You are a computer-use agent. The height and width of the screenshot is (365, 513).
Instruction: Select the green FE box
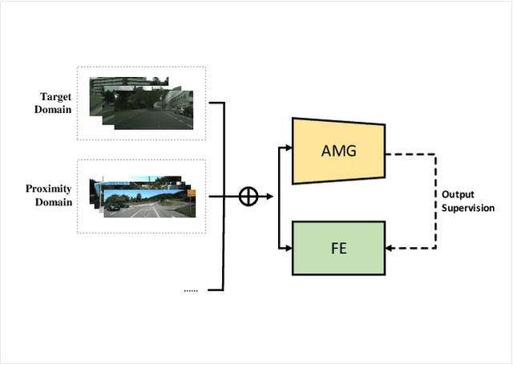click(339, 248)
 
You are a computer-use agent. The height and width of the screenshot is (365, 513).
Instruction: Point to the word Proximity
click(49, 189)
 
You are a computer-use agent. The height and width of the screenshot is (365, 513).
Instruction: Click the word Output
click(457, 194)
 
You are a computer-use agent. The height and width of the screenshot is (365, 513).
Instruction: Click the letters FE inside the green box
click(339, 249)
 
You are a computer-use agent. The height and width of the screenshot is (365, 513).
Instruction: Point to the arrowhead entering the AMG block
click(289, 148)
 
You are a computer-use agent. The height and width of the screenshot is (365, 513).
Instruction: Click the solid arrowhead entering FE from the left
click(289, 249)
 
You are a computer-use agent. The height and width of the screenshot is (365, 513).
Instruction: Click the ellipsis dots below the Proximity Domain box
click(191, 290)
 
